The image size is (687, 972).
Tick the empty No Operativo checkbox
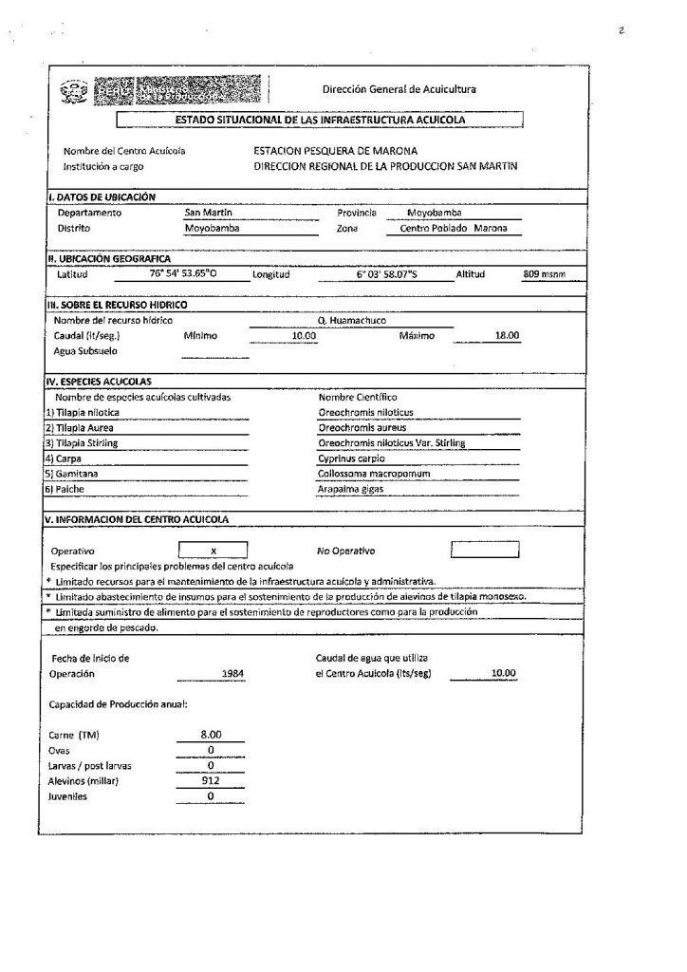pyautogui.click(x=484, y=550)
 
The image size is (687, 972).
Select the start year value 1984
pyautogui.click(x=232, y=673)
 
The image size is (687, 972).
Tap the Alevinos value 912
pyautogui.click(x=211, y=780)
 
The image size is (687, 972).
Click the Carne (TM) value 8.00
pyautogui.click(x=211, y=735)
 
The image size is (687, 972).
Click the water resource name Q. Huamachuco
pyautogui.click(x=352, y=321)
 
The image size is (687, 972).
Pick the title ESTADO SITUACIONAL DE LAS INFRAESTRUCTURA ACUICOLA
pyautogui.click(x=321, y=120)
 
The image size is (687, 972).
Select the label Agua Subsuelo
pyautogui.click(x=85, y=350)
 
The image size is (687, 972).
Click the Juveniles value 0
pyautogui.click(x=211, y=795)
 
